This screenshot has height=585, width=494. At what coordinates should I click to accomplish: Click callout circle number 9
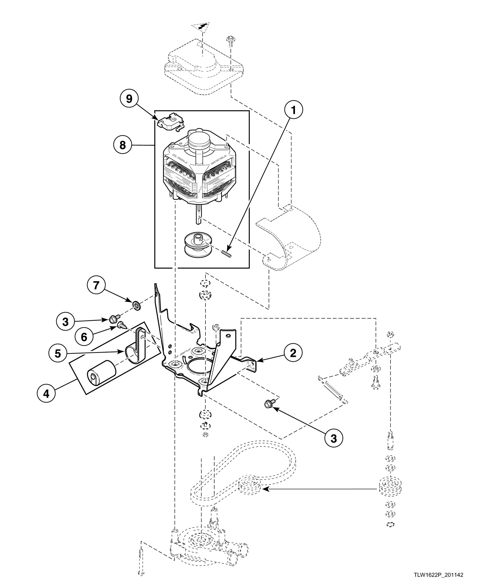click(129, 99)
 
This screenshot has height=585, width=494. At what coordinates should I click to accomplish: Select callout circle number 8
click(123, 145)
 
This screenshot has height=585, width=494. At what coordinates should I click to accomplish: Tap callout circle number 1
click(294, 110)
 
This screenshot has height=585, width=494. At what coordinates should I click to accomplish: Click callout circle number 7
click(96, 285)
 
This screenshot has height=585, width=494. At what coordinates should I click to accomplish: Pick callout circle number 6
click(84, 337)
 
